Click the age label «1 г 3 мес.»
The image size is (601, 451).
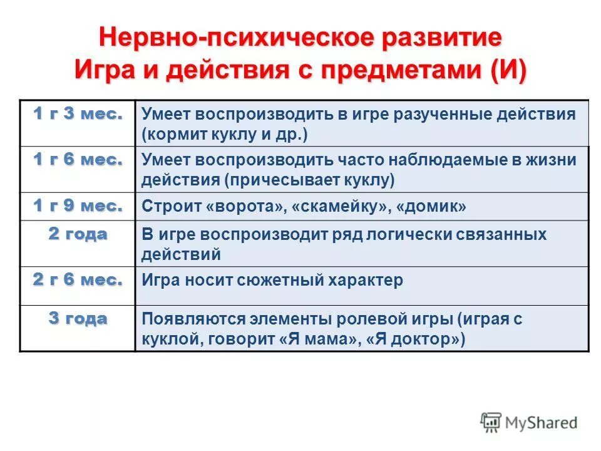click(78, 113)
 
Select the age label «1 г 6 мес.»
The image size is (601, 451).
click(78, 160)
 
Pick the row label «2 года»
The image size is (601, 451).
click(78, 234)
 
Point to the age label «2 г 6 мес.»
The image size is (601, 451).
click(78, 279)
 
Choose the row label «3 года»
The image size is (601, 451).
click(78, 318)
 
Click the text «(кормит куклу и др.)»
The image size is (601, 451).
click(225, 134)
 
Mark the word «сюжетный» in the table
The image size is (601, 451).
click(274, 280)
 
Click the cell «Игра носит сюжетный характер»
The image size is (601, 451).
click(272, 280)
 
